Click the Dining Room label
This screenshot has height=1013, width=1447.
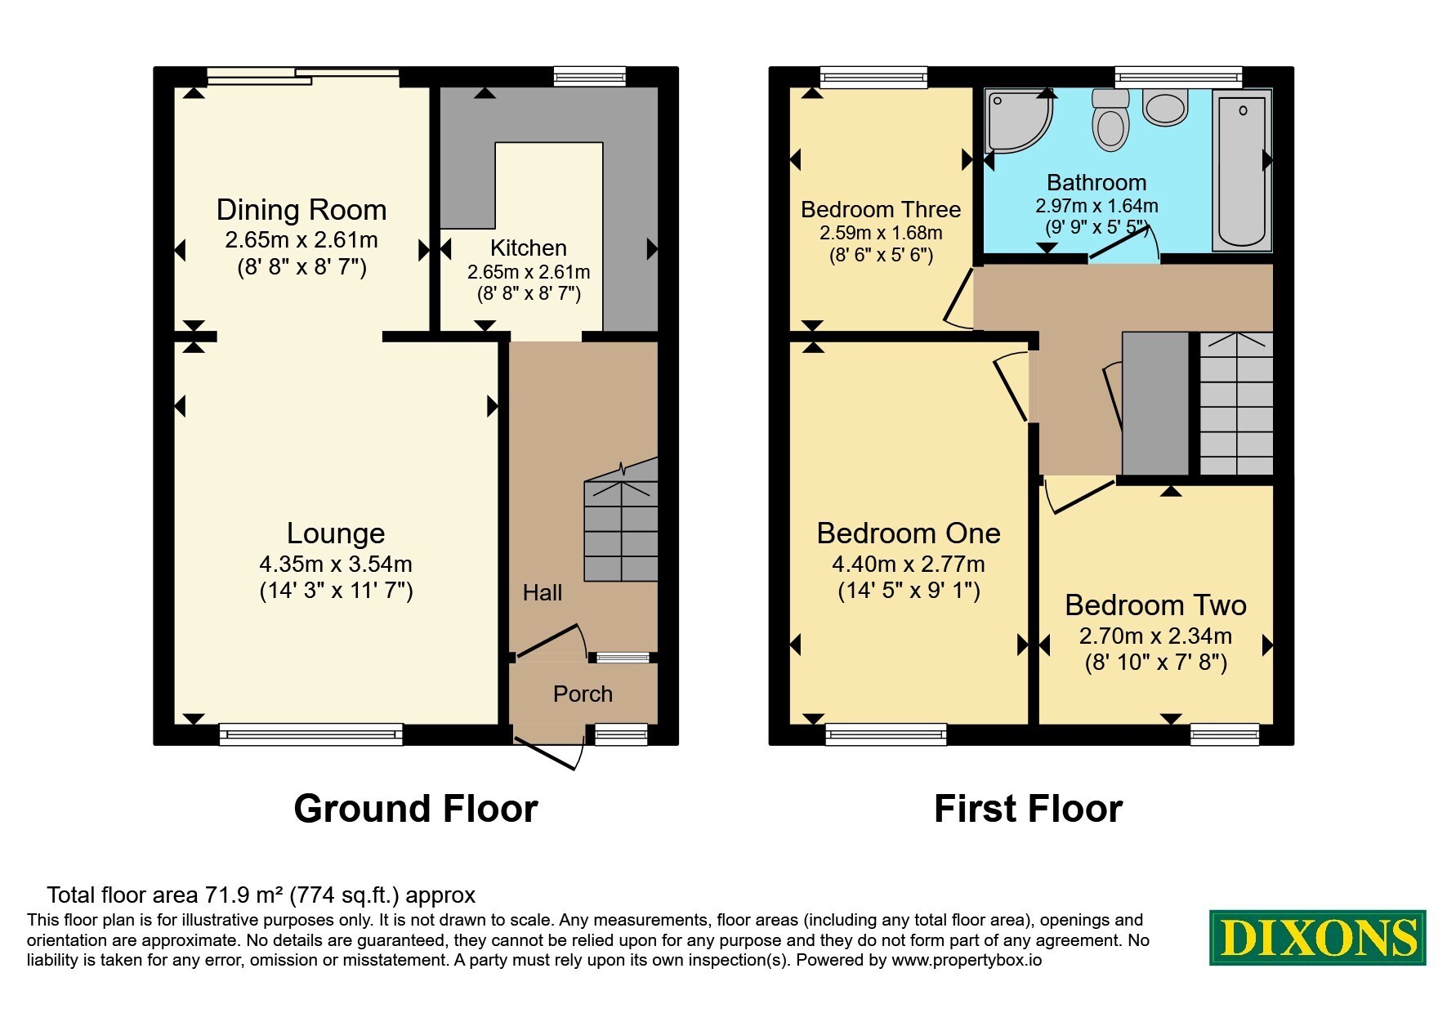[301, 210]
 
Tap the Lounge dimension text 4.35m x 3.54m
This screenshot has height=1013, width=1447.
[336, 564]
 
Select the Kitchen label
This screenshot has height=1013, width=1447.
[529, 248]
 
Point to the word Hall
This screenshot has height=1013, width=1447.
[543, 592]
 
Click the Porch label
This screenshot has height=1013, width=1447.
[583, 694]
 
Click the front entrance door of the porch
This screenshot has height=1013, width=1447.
[550, 751]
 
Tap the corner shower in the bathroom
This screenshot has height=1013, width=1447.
[1018, 121]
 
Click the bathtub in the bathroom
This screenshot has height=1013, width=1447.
[1242, 169]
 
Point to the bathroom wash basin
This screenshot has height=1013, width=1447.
[1165, 108]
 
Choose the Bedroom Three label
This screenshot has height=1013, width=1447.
[881, 210]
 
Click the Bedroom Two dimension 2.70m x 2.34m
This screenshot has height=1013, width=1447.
[1155, 636]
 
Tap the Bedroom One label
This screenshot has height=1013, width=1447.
[909, 533]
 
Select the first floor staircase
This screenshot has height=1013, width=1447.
[1236, 404]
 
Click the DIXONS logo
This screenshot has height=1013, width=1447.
[1318, 938]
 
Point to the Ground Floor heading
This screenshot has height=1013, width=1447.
[416, 809]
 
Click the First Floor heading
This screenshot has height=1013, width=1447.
[1028, 809]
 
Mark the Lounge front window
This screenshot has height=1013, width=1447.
[311, 734]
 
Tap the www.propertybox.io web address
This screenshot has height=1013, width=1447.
[967, 961]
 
